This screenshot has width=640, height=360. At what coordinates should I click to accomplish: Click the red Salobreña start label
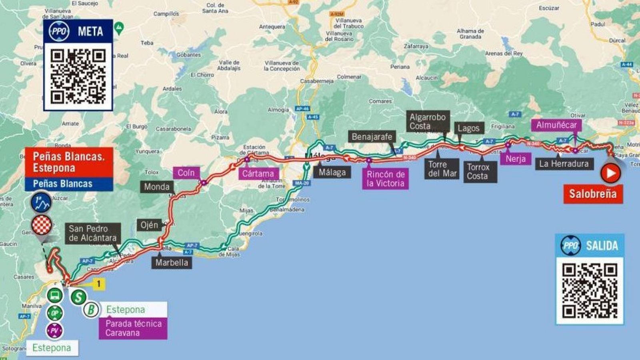tap(593, 194)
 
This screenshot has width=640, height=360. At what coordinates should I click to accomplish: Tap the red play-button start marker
tap(610, 174)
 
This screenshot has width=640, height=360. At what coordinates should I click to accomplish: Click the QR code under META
tap(78, 76)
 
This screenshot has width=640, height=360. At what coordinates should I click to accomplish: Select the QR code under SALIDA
tap(590, 291)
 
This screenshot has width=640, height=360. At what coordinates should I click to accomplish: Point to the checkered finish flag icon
tap(42, 225)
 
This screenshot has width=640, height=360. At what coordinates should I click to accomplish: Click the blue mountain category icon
tap(42, 203)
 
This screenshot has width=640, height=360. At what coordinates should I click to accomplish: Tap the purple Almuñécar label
tap(556, 125)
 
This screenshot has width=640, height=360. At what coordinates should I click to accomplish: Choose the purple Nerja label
tap(516, 159)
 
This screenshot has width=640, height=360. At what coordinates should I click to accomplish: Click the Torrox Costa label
tap(480, 172)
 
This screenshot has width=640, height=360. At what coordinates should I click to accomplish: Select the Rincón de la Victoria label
tap(386, 179)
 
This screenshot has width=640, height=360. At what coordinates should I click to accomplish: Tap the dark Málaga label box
tap(332, 172)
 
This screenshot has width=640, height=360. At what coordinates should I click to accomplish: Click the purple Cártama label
tap(258, 174)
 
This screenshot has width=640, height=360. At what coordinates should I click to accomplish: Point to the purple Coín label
tap(186, 173)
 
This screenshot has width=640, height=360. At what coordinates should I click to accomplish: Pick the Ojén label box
tap(149, 225)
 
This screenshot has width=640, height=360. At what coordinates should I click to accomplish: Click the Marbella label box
tap(172, 262)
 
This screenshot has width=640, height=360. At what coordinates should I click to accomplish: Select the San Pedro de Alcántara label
tap(93, 233)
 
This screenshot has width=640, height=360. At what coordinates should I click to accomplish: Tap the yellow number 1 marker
tap(98, 284)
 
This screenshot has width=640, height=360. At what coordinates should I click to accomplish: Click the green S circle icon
tap(79, 297)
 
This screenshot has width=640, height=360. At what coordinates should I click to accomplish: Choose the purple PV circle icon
tap(55, 331)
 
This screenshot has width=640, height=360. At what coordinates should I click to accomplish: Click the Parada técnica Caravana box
tap(133, 328)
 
